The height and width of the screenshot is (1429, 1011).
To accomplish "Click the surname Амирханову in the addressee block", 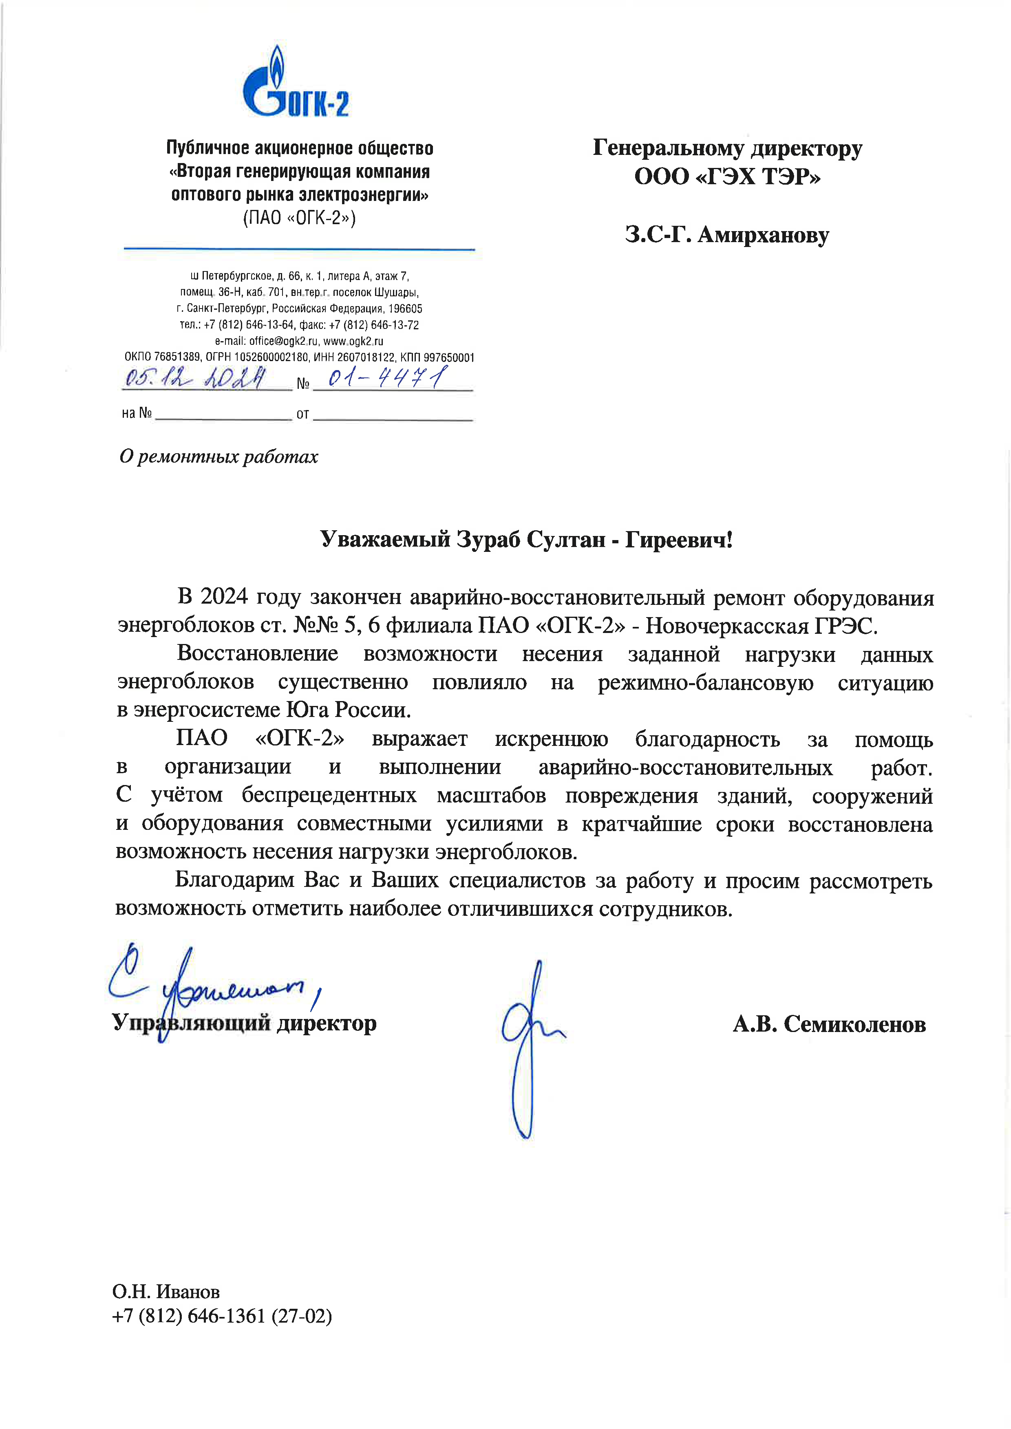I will click(x=763, y=235).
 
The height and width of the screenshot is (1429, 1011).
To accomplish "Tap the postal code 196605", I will click(x=405, y=309).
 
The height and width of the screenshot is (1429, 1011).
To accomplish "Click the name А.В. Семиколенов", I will click(x=829, y=1024).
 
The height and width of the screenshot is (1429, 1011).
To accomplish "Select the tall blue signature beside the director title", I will click(x=528, y=1052).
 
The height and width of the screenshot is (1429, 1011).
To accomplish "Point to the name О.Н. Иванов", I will click(x=166, y=1292).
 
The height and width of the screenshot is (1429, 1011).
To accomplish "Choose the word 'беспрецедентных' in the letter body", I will click(x=329, y=796).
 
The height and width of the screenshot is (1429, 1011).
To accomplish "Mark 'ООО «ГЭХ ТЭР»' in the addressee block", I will click(x=727, y=177).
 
